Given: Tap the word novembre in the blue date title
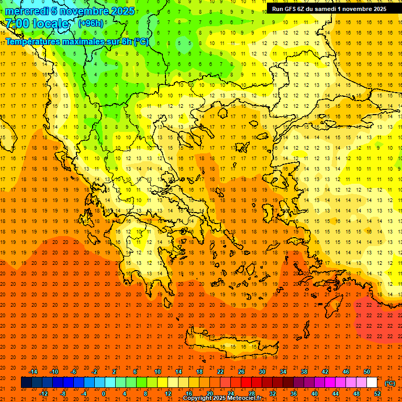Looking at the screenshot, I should click(x=83, y=11).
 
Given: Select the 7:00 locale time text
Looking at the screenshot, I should click(x=37, y=24).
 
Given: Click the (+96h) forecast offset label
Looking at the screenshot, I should click(x=91, y=24).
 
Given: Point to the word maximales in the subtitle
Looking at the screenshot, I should click(x=79, y=41).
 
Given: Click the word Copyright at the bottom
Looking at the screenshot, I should click(x=198, y=398).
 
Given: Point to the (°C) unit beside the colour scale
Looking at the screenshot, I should click(x=390, y=383).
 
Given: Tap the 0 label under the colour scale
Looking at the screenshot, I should click(x=104, y=394).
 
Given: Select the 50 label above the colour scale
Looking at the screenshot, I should click(x=367, y=372).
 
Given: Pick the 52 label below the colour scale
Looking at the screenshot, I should click(x=377, y=394).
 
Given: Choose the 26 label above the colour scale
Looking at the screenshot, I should click(x=241, y=372).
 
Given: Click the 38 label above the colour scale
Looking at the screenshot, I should click(x=304, y=372).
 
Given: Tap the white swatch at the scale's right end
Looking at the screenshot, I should click(x=372, y=383).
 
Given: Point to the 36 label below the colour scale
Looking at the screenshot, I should click(x=294, y=394).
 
